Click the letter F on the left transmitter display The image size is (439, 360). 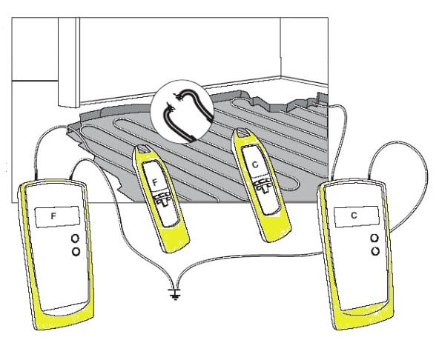(53, 216)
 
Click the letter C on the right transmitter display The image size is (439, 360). (354, 216)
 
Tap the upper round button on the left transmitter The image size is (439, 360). (76, 239)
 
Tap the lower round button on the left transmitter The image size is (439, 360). (76, 251)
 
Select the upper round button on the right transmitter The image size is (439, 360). (374, 239)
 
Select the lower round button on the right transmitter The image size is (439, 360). (375, 251)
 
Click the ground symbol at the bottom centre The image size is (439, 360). (174, 294)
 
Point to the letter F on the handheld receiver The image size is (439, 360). (155, 183)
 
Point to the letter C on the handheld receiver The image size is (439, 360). (255, 164)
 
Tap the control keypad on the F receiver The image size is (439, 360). (162, 199)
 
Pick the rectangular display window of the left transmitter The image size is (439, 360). (57, 217)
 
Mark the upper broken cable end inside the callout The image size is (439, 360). (177, 96)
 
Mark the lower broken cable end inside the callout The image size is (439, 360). (170, 107)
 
